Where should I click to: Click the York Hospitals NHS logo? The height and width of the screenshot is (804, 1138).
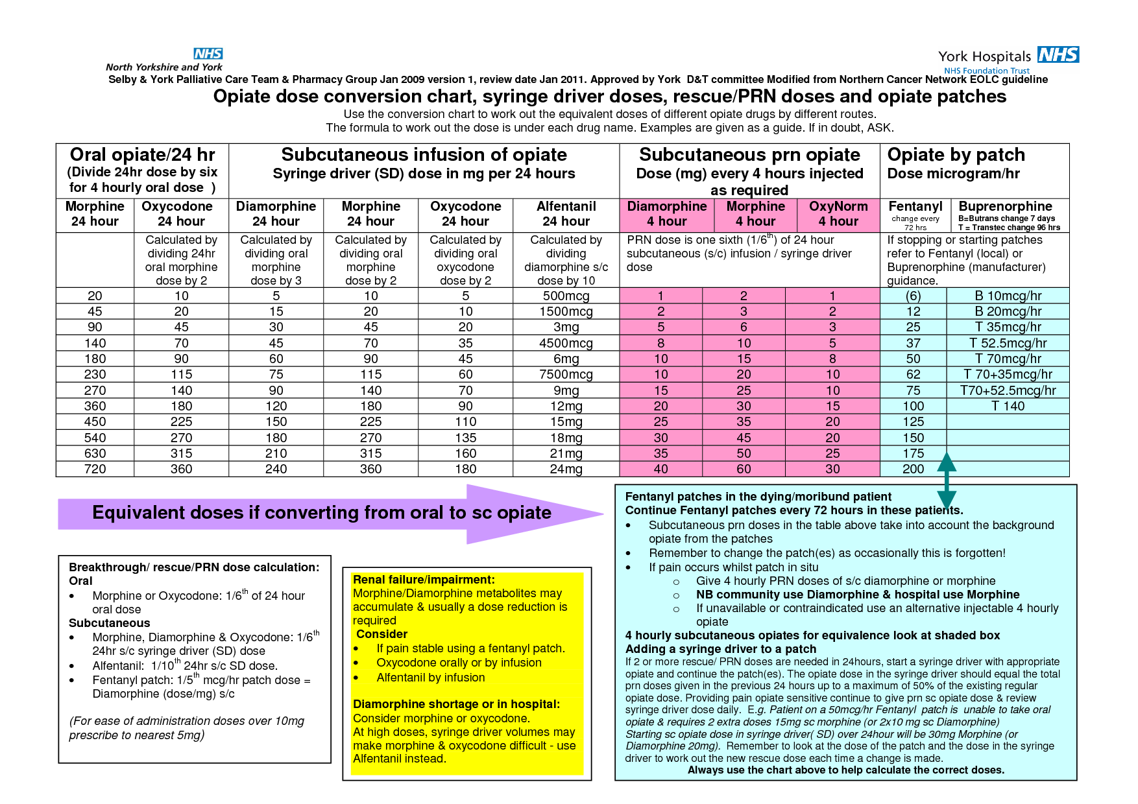tap(1008, 59)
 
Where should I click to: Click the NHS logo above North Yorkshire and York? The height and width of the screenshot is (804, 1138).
tap(208, 54)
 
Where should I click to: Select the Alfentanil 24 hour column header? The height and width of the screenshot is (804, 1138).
tap(566, 214)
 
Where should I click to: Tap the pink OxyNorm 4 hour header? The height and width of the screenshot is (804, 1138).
tap(838, 214)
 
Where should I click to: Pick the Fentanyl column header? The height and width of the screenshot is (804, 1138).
tap(915, 214)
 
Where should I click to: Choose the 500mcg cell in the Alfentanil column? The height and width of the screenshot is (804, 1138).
tap(566, 296)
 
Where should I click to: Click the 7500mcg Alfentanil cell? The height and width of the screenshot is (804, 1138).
tap(566, 375)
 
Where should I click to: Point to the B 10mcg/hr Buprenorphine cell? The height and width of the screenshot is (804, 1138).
tap(1008, 296)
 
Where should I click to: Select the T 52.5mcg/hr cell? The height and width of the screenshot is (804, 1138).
tap(1008, 343)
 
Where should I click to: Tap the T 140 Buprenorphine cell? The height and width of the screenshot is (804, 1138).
tap(1008, 406)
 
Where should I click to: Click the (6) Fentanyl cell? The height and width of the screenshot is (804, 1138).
tap(913, 296)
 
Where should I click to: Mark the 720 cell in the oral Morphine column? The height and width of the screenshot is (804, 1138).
tap(95, 469)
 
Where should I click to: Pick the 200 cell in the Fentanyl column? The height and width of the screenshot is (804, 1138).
tap(913, 469)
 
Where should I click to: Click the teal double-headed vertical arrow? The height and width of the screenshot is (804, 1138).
tap(947, 481)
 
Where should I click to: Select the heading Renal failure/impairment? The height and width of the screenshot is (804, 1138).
tap(424, 580)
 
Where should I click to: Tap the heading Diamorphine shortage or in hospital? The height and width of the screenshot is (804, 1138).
tap(456, 704)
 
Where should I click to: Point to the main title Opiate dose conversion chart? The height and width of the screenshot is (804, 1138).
tap(610, 97)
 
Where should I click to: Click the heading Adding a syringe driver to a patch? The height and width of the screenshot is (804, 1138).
tap(720, 649)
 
